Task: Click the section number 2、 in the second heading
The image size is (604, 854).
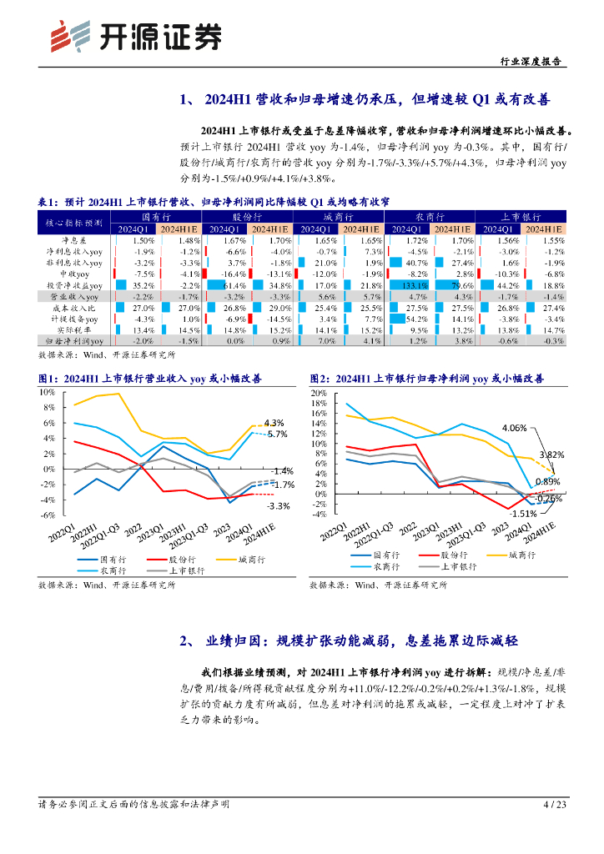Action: pyautogui.click(x=188, y=640)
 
